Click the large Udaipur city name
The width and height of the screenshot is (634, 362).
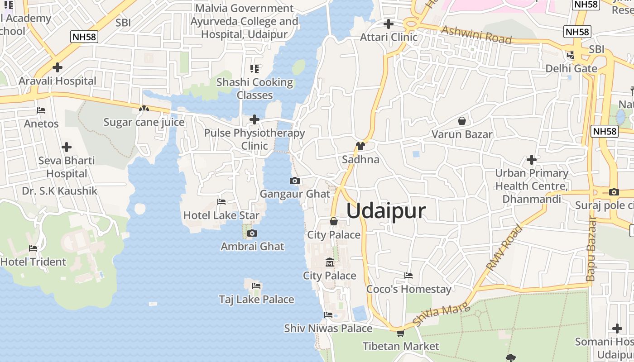386,211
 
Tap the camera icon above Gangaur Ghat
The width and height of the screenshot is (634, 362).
294,181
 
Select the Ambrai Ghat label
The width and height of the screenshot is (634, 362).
252,247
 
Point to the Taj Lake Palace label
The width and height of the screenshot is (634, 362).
256,300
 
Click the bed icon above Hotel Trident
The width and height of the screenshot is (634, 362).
33,248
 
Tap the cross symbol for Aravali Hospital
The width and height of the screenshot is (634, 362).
57,68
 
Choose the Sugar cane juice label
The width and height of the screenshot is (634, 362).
144,122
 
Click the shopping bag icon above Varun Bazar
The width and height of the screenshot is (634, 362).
462,121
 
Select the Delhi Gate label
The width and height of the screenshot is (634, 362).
571,69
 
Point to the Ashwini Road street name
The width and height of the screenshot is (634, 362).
476,35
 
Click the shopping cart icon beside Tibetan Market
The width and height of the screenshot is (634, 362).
400,333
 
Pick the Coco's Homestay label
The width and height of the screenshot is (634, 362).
408,289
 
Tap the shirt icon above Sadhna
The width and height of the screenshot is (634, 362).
360,146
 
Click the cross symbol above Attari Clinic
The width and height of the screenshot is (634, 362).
388,24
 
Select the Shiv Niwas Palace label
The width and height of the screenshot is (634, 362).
328,329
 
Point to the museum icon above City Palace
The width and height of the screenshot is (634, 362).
330,262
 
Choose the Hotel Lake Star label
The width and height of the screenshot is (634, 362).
221,215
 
